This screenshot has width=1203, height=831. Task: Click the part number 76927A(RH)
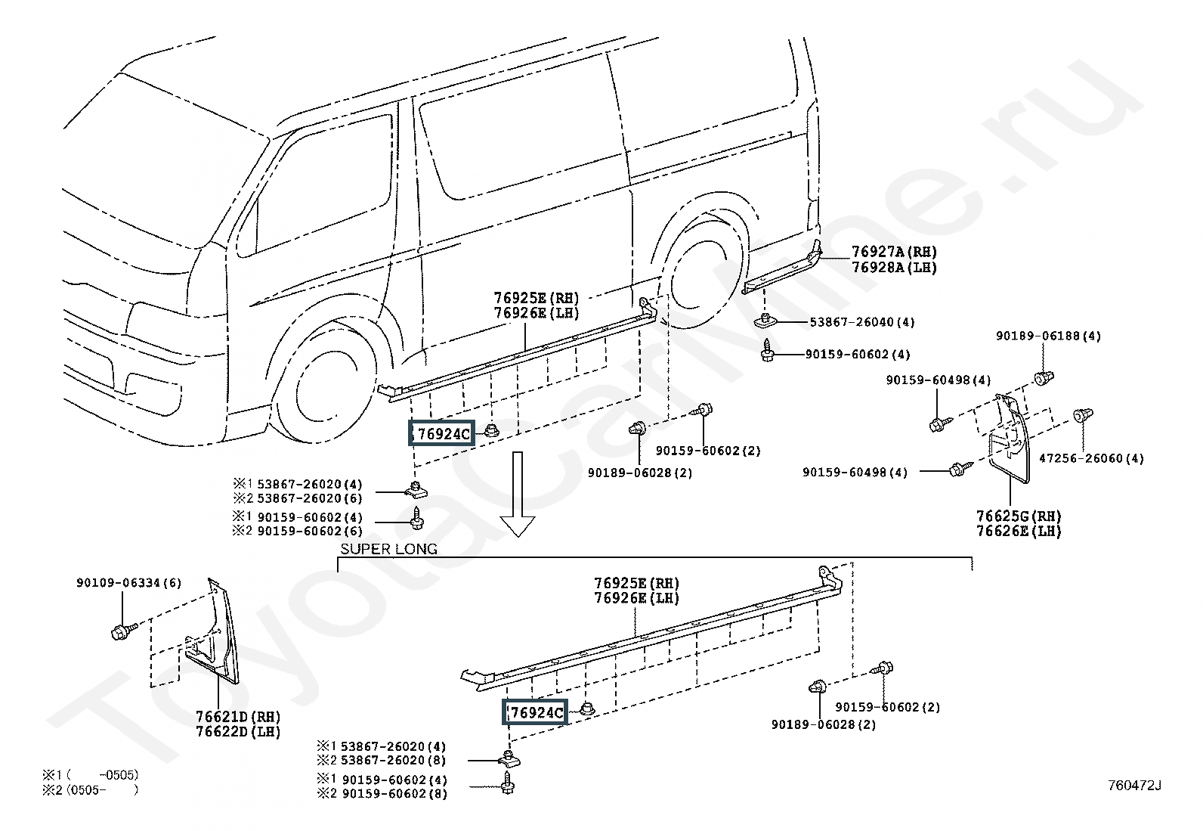tap(894, 252)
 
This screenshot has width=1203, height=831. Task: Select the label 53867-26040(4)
tap(862, 322)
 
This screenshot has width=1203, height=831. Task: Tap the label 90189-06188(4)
tap(1048, 336)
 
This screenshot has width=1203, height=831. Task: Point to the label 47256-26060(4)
tap(1091, 458)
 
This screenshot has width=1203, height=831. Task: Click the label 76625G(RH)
tap(1019, 516)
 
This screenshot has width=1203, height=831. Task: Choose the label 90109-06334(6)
tap(129, 583)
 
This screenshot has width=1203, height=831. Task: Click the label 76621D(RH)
tap(239, 717)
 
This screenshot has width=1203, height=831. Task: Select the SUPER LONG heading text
tap(389, 549)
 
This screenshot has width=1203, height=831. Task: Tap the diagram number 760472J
tap(1134, 786)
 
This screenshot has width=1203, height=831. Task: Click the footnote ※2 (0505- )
tap(91, 789)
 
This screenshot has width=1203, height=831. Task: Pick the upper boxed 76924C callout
tap(441, 433)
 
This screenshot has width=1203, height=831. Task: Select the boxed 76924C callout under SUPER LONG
tap(535, 712)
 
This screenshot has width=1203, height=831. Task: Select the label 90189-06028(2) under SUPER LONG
tap(824, 724)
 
